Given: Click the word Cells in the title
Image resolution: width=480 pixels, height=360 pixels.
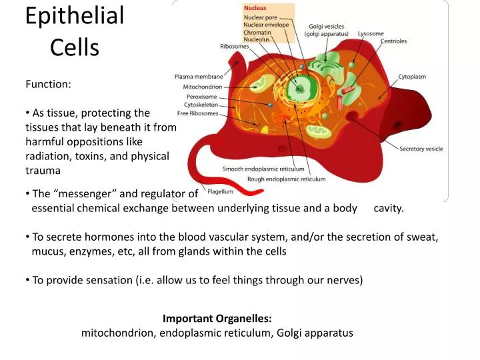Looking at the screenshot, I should click(75, 47).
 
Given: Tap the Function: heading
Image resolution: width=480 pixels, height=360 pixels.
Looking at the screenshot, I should click(48, 84).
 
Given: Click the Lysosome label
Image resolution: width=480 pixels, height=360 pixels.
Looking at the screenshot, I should click(371, 33).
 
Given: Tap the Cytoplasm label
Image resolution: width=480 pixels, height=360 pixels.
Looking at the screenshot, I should click(412, 77).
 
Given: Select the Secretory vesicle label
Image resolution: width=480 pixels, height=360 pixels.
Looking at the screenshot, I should click(421, 149).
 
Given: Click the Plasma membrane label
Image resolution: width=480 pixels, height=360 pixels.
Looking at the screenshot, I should click(198, 76).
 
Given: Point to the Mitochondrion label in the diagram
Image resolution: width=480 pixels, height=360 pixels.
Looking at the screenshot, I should click(203, 87).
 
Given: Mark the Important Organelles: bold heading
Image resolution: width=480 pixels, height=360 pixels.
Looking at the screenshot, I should click(217, 319).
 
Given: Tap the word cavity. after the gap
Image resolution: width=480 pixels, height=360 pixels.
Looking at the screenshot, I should click(389, 208).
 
